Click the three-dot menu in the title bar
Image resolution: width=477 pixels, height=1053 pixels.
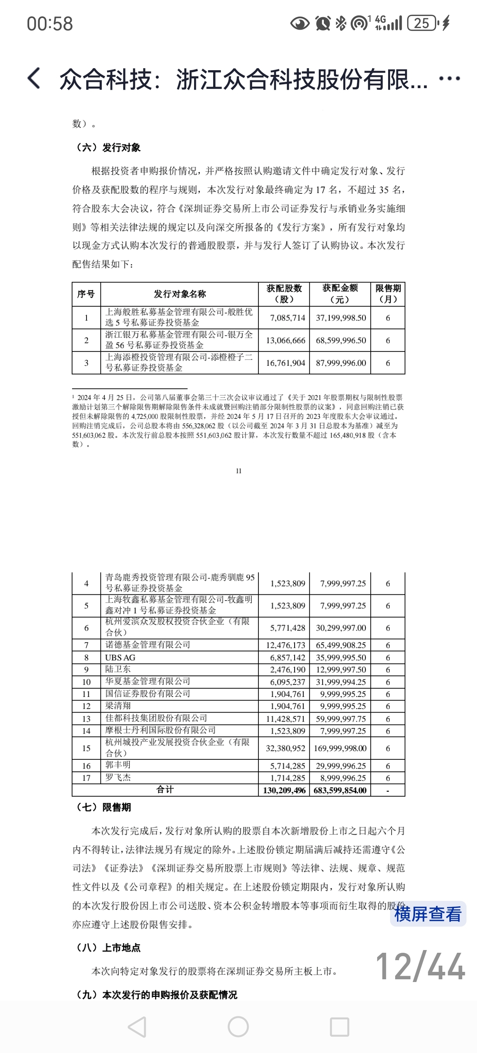[450, 78]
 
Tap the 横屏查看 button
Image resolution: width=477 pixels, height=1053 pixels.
[428, 914]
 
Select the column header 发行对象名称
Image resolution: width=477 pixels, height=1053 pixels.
[180, 294]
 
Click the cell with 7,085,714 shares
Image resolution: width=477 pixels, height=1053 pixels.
[288, 317]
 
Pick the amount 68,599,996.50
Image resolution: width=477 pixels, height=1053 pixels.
[341, 340]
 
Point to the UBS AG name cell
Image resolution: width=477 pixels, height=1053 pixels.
[120, 657]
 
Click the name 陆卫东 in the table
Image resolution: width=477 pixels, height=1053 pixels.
[118, 669]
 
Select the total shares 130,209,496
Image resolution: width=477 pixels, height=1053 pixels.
[284, 790]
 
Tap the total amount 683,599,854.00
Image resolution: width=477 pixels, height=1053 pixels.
[340, 790]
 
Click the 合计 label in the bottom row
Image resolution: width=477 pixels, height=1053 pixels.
[165, 789]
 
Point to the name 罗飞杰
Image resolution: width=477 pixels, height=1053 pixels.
[118, 777]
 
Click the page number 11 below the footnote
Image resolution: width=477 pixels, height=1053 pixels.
[238, 471]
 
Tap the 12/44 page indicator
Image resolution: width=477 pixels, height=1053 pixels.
[420, 966]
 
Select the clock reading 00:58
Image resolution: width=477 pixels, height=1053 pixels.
[50, 24]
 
